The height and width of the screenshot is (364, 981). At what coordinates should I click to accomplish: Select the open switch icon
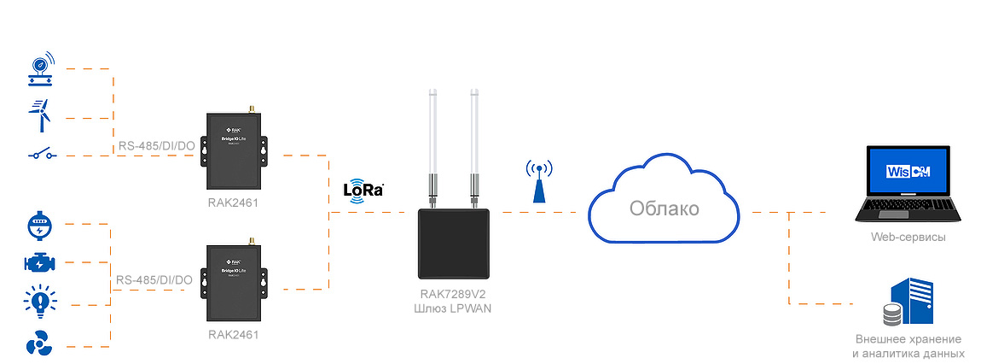pos(42,155)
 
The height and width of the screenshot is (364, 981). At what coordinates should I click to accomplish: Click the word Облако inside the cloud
pos(664,208)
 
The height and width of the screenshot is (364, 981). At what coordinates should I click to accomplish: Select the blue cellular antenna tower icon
pos(539,181)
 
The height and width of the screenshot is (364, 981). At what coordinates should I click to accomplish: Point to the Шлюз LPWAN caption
pos(452,308)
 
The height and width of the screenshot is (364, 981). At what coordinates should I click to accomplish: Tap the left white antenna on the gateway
pos(432,137)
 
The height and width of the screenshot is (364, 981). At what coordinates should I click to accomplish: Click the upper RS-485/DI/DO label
pos(156,146)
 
